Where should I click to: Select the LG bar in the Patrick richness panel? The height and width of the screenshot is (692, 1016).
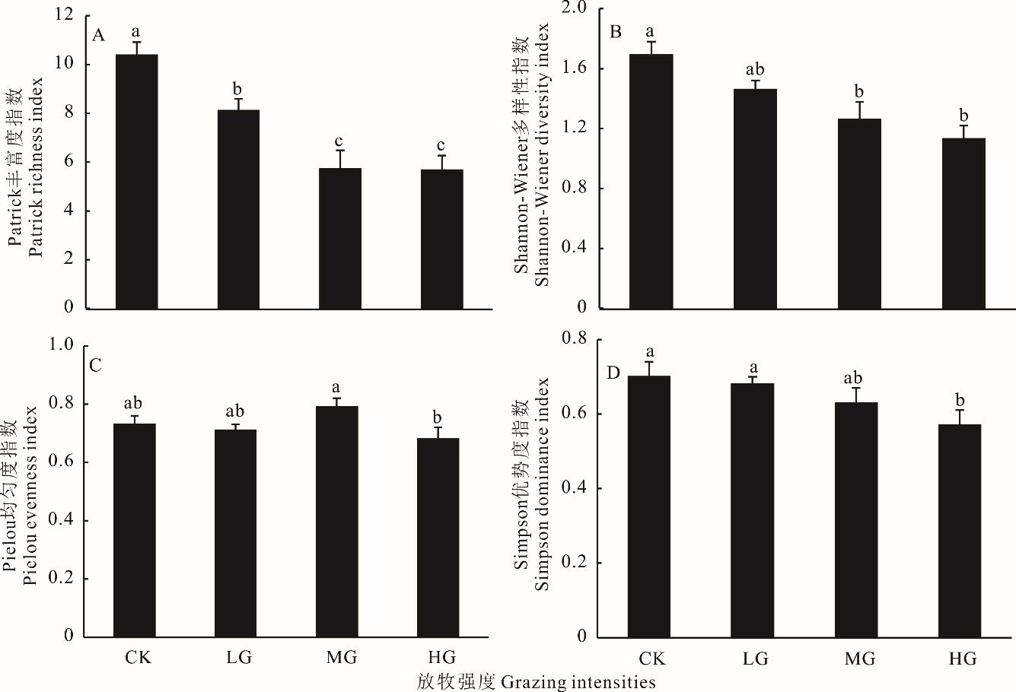tap(238, 209)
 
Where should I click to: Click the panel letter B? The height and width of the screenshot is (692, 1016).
tap(616, 32)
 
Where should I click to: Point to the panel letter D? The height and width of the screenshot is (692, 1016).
tap(613, 373)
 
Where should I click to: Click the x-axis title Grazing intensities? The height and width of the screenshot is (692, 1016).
tap(536, 681)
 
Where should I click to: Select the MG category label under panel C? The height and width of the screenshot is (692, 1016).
tap(341, 657)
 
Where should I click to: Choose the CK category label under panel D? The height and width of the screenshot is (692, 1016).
tap(651, 659)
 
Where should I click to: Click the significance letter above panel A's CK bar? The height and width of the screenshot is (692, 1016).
tap(136, 32)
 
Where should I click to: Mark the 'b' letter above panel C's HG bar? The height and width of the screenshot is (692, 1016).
tap(437, 417)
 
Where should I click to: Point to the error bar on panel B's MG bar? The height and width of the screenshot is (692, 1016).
tap(859, 110)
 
